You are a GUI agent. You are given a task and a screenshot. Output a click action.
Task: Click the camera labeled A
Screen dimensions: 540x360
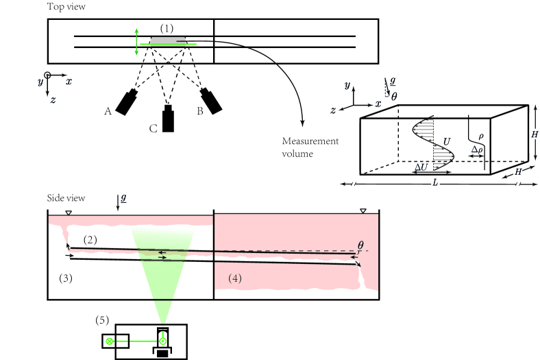(x=126, y=102)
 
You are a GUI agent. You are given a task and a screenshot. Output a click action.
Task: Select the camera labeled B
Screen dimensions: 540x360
(x=211, y=101)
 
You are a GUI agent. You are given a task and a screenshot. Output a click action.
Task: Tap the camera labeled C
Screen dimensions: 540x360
(x=168, y=119)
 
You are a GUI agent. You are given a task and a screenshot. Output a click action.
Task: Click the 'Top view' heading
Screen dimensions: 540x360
(x=66, y=7)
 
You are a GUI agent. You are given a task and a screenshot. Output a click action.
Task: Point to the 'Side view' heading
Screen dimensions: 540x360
(x=66, y=198)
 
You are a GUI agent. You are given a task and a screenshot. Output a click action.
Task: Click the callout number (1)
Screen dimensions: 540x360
(x=167, y=28)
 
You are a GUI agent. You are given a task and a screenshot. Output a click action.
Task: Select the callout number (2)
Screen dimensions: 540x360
(x=90, y=240)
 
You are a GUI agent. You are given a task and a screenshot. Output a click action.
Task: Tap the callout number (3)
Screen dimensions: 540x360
(x=66, y=278)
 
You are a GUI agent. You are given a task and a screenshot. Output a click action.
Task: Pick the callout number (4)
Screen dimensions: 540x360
(x=235, y=278)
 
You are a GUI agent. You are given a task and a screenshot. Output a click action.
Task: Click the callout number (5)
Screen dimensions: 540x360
(x=102, y=320)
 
